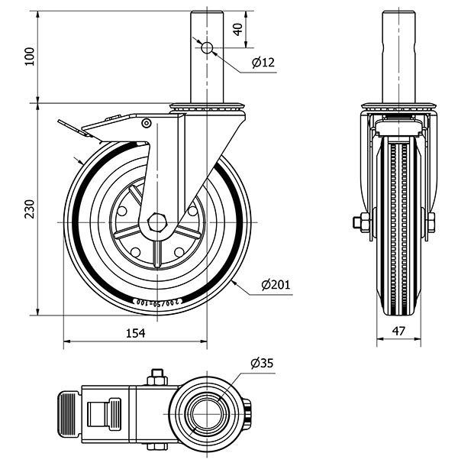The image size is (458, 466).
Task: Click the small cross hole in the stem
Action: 206,48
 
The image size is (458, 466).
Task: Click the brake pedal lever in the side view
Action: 76,128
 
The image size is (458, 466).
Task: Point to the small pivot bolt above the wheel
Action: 146,122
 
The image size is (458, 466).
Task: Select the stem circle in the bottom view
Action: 205,416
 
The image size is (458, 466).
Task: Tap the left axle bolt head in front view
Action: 358,224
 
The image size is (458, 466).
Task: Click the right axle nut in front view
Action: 431,222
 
